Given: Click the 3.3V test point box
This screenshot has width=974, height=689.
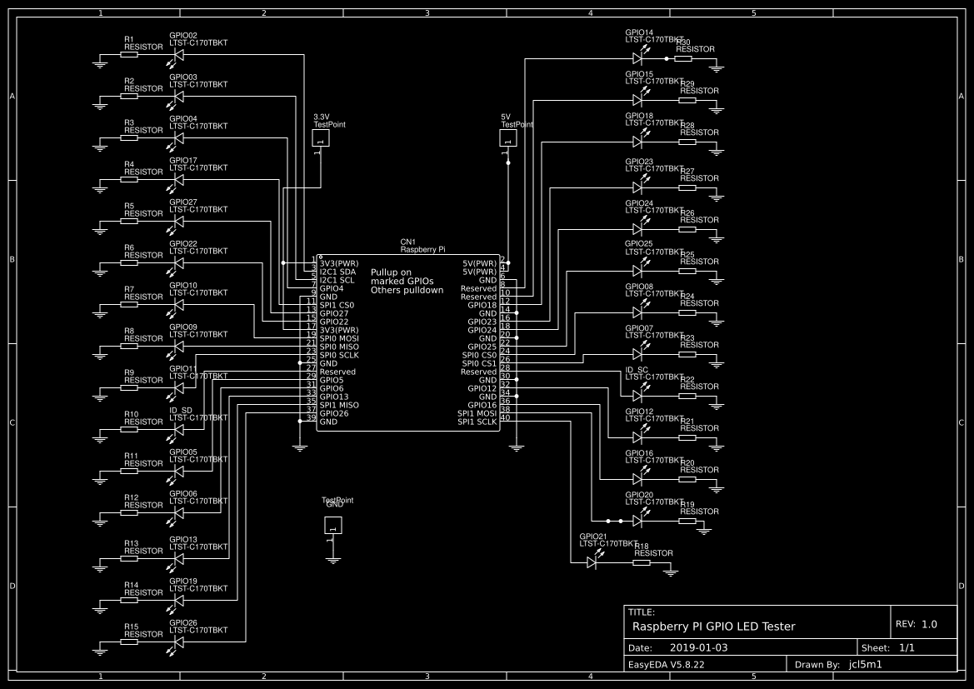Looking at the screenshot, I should tap(321, 138).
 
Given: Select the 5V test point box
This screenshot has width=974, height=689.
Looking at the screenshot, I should tap(507, 138).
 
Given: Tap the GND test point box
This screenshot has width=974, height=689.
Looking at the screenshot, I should tap(333, 525).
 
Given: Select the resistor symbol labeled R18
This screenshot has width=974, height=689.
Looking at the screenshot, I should tap(641, 562).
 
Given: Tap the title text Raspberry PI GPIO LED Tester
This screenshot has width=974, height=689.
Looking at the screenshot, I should tap(714, 627).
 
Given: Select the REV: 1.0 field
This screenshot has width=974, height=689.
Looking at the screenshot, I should tap(917, 624).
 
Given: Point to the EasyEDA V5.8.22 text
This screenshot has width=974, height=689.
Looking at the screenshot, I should tap(665, 665).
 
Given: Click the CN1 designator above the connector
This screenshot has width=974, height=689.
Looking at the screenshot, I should tap(407, 242).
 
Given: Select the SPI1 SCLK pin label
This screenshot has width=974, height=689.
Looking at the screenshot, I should tap(477, 422).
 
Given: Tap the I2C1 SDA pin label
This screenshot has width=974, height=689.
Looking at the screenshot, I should tap(338, 272).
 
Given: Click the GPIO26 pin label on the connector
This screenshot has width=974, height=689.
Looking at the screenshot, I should tap(334, 413).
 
